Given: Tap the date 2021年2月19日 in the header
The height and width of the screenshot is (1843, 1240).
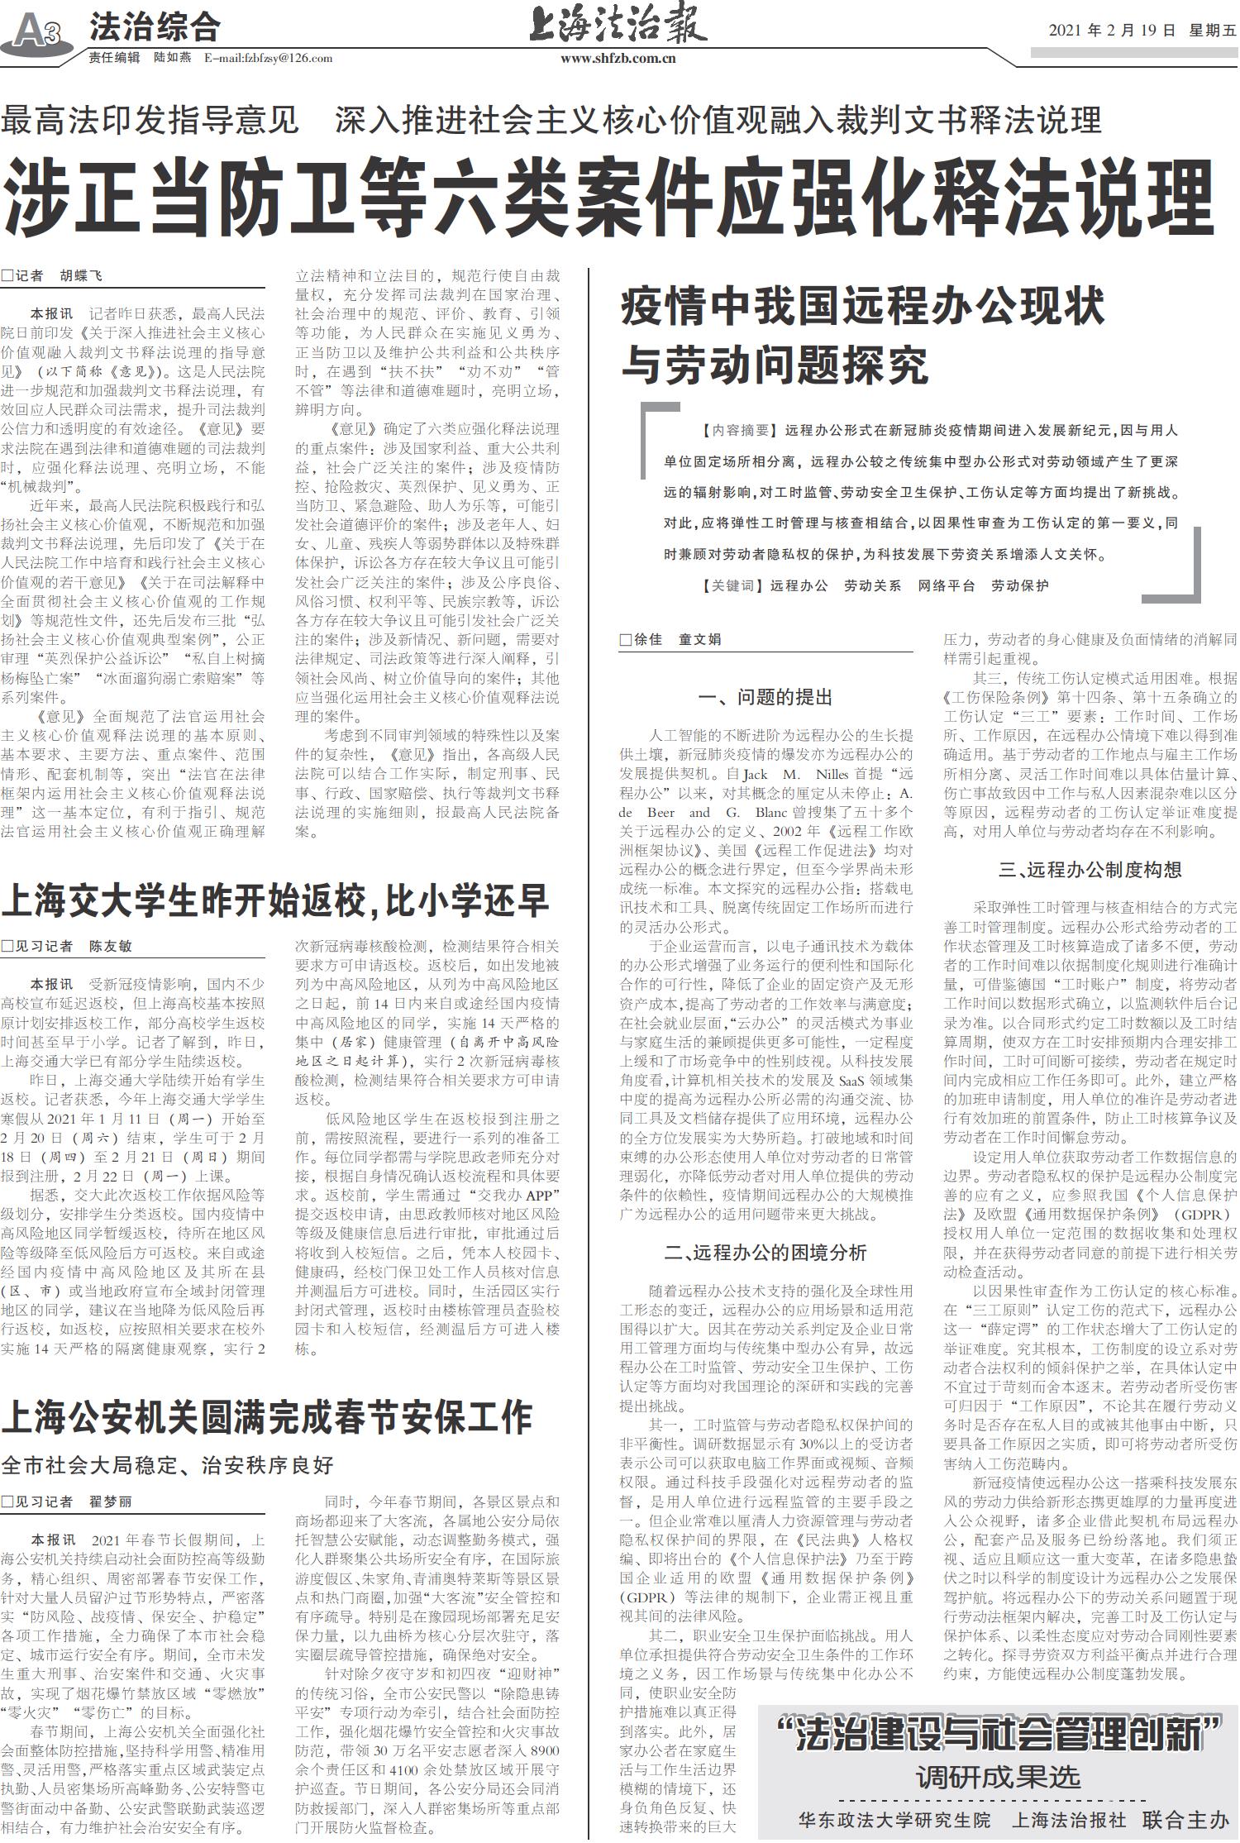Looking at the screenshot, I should pyautogui.click(x=1112, y=31).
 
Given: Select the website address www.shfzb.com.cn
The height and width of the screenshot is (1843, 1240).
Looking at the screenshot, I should pyautogui.click(x=618, y=58).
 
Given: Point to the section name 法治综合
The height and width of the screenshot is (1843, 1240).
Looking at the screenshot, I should pyautogui.click(x=155, y=28).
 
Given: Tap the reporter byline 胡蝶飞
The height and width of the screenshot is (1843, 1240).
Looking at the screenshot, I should pyautogui.click(x=81, y=276).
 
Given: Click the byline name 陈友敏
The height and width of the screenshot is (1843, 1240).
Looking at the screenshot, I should pyautogui.click(x=110, y=946).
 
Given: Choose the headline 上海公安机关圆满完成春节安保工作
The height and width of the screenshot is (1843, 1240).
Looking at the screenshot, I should pyautogui.click(x=266, y=1416).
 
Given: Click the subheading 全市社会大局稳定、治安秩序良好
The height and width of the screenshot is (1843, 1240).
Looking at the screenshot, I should pyautogui.click(x=168, y=1465).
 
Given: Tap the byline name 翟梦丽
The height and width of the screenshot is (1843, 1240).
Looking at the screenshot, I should pyautogui.click(x=110, y=1501).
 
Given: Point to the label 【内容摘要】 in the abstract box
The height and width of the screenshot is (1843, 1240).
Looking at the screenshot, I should pyautogui.click(x=737, y=430).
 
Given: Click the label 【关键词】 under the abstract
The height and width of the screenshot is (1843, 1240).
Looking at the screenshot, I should pyautogui.click(x=728, y=585).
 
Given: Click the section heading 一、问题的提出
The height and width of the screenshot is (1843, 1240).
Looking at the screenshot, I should pyautogui.click(x=765, y=697).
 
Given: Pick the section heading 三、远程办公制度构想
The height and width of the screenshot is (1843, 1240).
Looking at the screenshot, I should pyautogui.click(x=1090, y=869).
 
